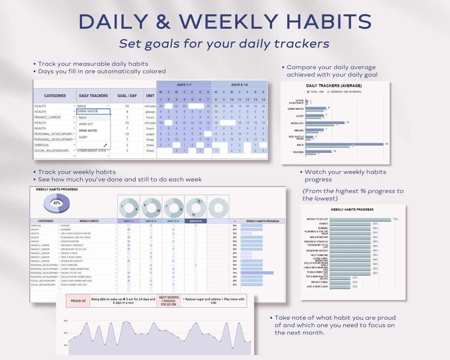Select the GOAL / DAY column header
(x=127, y=96)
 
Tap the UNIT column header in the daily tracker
(x=150, y=96)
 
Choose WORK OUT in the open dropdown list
(x=86, y=124)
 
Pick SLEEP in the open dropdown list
(x=83, y=137)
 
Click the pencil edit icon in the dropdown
(x=105, y=145)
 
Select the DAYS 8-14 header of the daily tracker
(x=240, y=85)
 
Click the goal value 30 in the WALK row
(x=127, y=106)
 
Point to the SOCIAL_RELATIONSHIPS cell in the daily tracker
(x=52, y=151)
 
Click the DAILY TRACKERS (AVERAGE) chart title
(x=334, y=86)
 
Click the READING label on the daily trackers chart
(x=298, y=152)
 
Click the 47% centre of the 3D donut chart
(x=56, y=203)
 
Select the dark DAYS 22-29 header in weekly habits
(x=195, y=221)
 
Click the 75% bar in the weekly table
(x=257, y=273)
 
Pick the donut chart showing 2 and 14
(x=196, y=208)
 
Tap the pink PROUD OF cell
(x=78, y=301)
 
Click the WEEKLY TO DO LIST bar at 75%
(x=360, y=219)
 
